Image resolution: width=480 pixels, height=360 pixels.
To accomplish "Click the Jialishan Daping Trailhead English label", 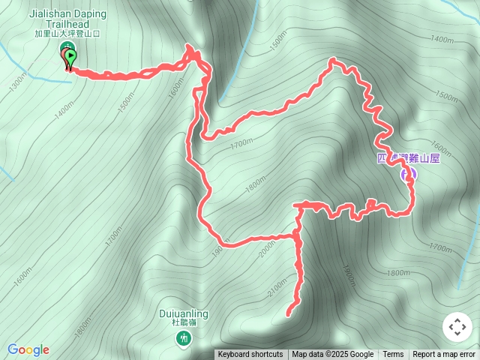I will tap(67, 19).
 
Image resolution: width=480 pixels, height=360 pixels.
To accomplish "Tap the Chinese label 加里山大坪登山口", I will tap(67, 33).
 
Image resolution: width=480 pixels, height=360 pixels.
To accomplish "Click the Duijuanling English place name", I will tap(184, 313).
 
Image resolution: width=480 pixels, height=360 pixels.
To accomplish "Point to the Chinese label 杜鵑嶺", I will tap(184, 323).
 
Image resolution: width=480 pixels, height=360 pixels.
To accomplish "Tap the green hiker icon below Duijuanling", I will tap(183, 340).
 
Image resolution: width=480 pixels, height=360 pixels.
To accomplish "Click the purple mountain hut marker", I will tap(409, 175).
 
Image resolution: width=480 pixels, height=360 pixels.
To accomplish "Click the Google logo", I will tap(28, 349).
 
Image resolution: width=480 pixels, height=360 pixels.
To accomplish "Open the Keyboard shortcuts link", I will tap(250, 355).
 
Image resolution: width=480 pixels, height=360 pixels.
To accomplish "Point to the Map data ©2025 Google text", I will tap(332, 355).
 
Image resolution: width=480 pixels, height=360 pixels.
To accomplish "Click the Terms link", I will tap(393, 355).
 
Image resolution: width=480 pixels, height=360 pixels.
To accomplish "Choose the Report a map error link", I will tap(444, 355).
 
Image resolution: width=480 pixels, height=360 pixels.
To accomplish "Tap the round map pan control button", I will tap(457, 327).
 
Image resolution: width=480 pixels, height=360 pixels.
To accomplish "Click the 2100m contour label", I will tap(277, 287).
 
